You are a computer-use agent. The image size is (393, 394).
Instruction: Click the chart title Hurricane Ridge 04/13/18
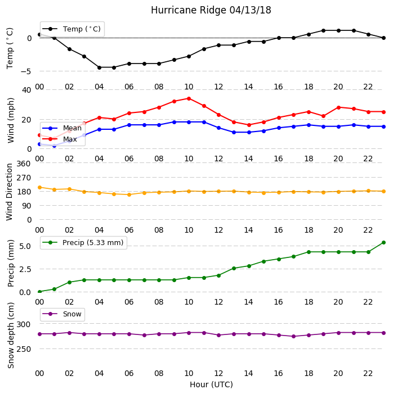coord(211,10)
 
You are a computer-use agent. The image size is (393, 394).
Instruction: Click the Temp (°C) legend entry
coord(72,29)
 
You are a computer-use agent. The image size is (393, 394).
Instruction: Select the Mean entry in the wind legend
coord(62,128)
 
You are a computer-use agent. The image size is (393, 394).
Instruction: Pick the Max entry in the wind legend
coord(60,139)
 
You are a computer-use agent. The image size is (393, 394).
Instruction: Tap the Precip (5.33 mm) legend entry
coord(83,242)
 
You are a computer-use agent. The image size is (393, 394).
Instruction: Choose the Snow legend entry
coord(62,314)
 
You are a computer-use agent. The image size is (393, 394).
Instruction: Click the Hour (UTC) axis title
coord(211,384)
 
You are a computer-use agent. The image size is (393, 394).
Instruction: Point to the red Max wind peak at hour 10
coord(189,99)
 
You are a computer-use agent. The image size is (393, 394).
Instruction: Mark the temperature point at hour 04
coord(99,67)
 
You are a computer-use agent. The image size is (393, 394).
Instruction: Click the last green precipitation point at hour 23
coord(383,242)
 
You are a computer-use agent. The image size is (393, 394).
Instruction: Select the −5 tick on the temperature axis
coord(26,71)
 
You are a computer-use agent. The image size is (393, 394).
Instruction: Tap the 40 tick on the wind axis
coord(26,90)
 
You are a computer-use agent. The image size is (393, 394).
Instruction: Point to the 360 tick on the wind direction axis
coord(24,164)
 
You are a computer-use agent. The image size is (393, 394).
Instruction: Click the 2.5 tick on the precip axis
coord(25,269)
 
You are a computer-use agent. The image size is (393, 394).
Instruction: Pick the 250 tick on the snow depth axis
coord(24,349)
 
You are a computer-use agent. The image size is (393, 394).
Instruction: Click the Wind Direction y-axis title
coord(10,192)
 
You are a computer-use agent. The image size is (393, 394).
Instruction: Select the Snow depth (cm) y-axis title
coord(11,336)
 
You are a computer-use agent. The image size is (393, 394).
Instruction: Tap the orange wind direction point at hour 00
coord(39,188)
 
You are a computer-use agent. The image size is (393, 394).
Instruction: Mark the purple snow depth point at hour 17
coord(293,337)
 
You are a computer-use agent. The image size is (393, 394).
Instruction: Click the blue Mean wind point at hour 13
coord(234,132)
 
